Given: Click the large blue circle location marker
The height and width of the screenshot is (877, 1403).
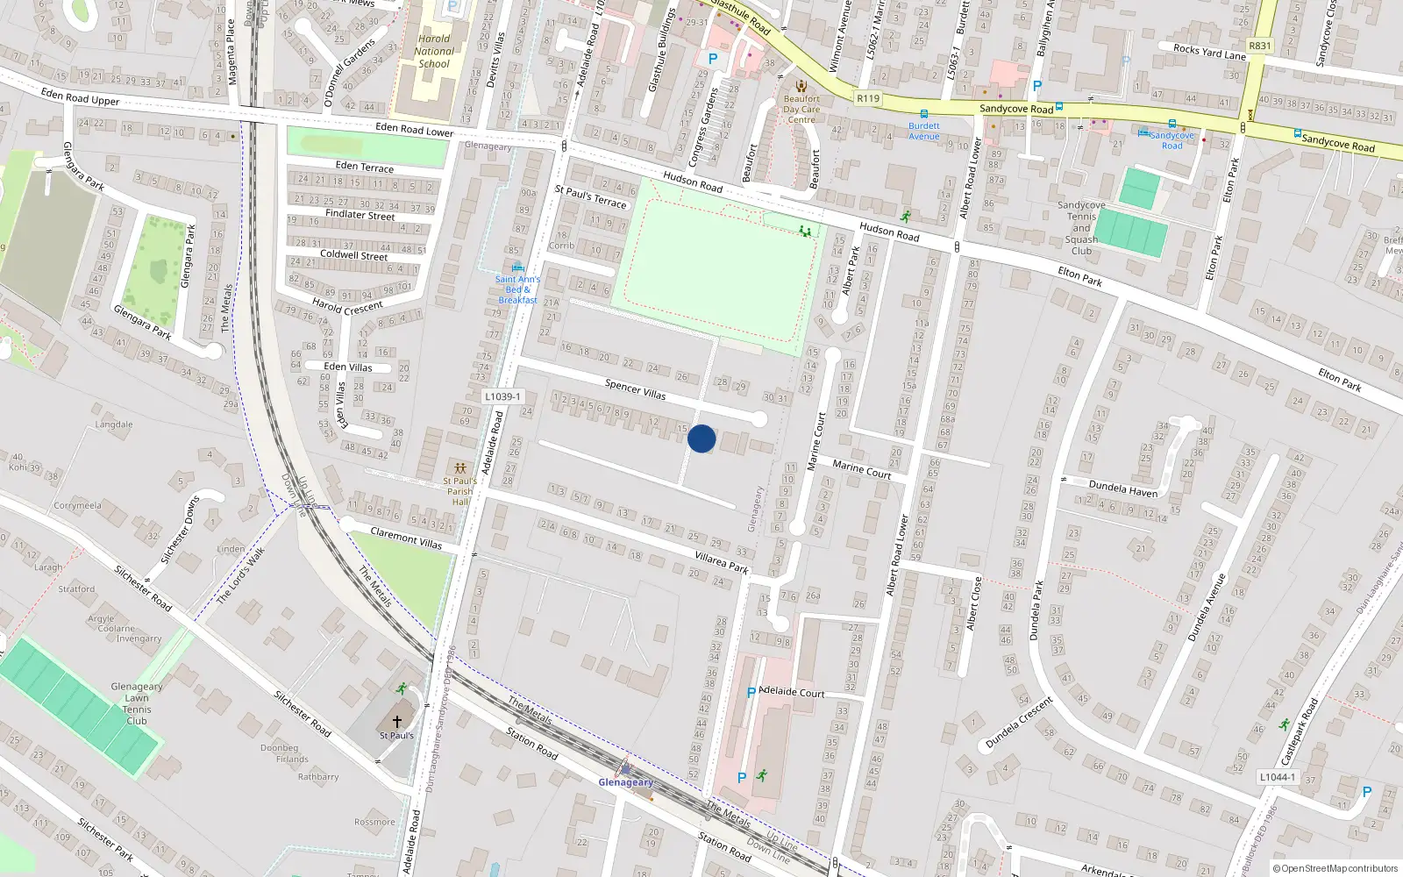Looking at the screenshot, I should coord(701,438).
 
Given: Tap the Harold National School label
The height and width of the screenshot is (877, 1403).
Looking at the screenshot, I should coord(434,51).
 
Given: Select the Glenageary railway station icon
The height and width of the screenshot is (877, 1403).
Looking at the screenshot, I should coord(625,767).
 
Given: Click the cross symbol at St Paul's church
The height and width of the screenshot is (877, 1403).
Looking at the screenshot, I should coord(397,721).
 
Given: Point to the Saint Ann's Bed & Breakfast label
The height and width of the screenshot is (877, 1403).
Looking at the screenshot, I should coord(517,289).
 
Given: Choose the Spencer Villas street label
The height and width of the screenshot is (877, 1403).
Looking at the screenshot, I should coord(636,389).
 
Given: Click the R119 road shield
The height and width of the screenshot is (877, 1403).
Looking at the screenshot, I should coord(867,98).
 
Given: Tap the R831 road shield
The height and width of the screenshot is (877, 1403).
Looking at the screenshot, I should coord(1259,46).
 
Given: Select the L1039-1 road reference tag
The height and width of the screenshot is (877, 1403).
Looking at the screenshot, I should coord(502,396).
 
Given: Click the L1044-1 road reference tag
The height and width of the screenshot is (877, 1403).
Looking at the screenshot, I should coord(1276,776).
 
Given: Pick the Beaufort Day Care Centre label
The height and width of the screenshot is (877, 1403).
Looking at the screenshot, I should coord(801,109).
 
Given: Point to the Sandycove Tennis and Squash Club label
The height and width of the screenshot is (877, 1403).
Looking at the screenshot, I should coord(1081,228).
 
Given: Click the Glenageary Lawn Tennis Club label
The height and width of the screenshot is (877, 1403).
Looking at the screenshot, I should coord(137,703).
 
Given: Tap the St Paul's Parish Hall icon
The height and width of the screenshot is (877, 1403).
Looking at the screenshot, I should coord(459,467).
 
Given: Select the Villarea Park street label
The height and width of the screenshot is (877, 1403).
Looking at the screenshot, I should coord(722,562).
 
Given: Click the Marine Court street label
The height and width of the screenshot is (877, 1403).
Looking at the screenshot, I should coord(862,469).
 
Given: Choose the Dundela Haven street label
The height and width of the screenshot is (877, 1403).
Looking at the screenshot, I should coord(1123,488).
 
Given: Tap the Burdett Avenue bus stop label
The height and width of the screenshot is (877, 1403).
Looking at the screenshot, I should coord(924,131).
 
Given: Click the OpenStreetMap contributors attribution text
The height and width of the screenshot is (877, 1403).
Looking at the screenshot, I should coord(1335,868).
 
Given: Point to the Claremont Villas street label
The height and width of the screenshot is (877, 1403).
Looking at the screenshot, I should coord(406,538).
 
